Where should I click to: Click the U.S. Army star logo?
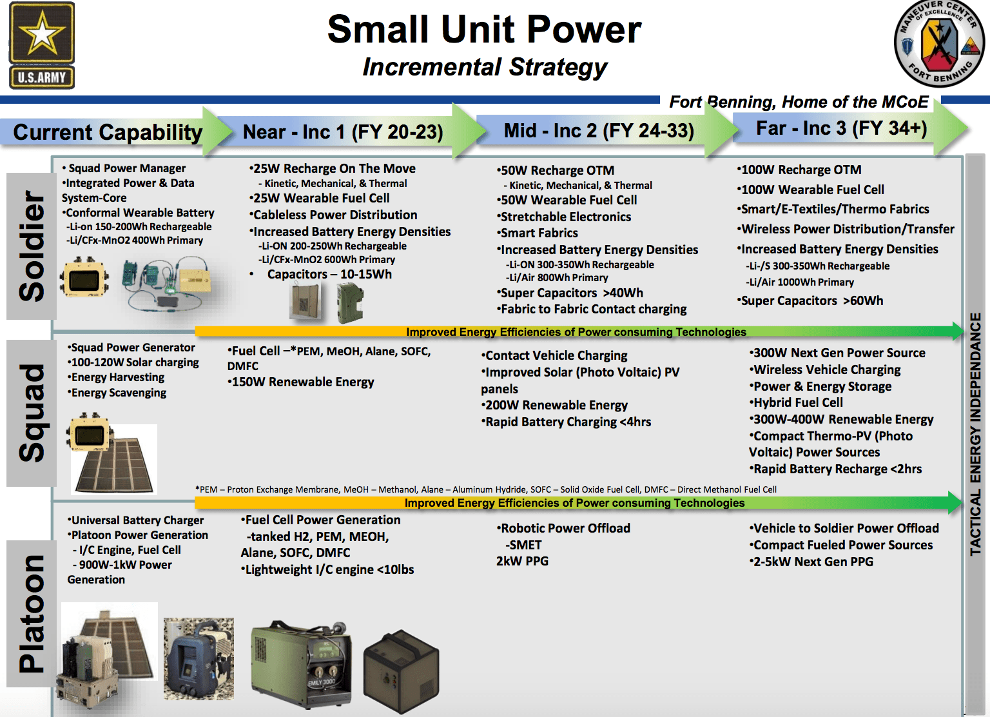(x=42, y=45)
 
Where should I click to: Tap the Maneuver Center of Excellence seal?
(x=939, y=44)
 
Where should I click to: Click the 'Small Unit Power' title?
(x=484, y=30)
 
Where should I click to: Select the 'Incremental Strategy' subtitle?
(x=485, y=67)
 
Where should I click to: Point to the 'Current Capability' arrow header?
(x=108, y=132)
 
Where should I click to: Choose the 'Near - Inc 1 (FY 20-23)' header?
(x=343, y=132)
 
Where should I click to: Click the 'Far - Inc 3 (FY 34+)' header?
(x=841, y=128)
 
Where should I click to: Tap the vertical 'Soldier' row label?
(x=32, y=246)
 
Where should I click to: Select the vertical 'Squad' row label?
(x=32, y=413)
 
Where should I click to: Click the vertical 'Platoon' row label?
(x=32, y=613)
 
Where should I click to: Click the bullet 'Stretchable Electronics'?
(x=565, y=217)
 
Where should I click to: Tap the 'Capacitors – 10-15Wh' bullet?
(x=329, y=275)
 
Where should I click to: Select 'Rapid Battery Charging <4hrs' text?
(x=567, y=422)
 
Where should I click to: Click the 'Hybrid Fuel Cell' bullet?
(x=797, y=403)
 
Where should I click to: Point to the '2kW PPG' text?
(x=522, y=562)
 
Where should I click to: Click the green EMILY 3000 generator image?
(x=302, y=664)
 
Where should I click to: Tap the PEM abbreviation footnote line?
(x=486, y=490)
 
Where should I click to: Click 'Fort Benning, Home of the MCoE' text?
(x=799, y=103)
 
